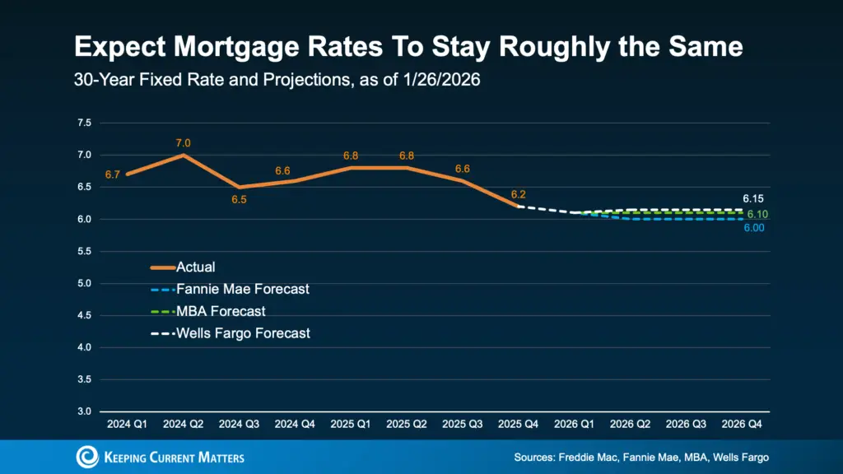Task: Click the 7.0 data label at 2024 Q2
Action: tap(183, 143)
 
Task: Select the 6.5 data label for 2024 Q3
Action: tap(239, 200)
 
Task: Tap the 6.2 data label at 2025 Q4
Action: tap(518, 194)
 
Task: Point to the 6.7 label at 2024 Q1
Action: tap(113, 174)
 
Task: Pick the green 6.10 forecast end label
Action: tap(757, 214)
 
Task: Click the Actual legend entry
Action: tap(197, 267)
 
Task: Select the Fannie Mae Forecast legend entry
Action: tap(243, 289)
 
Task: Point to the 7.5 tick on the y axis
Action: tap(84, 123)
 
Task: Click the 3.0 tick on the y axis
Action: tap(84, 411)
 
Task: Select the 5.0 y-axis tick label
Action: tap(84, 284)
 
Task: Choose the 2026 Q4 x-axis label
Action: tap(743, 425)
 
